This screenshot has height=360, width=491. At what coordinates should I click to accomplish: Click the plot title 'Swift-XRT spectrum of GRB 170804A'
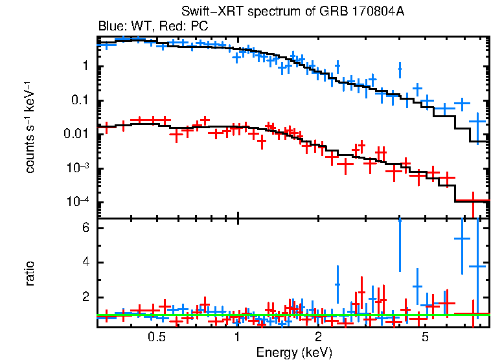(293, 12)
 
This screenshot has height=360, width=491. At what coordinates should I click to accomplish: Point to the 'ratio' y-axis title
(30, 274)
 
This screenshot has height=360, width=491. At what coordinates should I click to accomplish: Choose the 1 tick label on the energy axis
(237, 337)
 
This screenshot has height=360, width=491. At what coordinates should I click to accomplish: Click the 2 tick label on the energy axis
(318, 337)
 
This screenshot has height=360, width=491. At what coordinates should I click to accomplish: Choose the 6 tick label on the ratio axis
(84, 229)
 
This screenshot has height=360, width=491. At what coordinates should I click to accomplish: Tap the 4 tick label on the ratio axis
(84, 263)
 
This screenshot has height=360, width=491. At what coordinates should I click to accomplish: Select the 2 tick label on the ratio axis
(84, 298)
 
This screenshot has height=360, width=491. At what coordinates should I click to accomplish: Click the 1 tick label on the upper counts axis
(86, 67)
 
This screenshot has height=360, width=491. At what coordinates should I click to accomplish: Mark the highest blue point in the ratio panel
(462, 238)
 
